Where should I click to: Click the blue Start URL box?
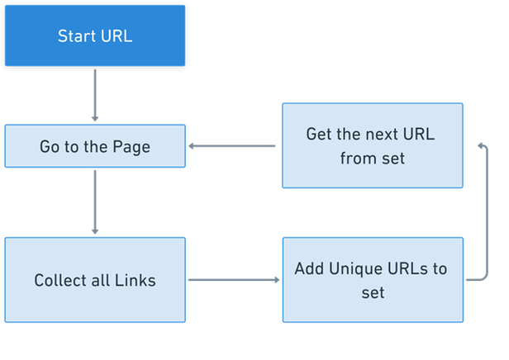click(95, 36)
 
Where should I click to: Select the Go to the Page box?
click(95, 146)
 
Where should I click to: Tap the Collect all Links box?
click(95, 280)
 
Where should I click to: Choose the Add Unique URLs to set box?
click(373, 280)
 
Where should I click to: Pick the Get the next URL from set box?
click(373, 145)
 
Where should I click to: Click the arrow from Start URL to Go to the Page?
click(95, 95)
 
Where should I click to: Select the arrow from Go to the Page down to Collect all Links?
click(95, 202)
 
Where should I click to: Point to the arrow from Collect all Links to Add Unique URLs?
click(234, 280)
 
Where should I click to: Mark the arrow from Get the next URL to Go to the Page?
click(234, 146)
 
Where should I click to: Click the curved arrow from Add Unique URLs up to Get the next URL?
click(483, 215)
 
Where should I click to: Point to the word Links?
click(136, 281)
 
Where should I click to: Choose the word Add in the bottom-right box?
click(310, 270)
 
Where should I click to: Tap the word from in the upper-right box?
click(357, 157)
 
